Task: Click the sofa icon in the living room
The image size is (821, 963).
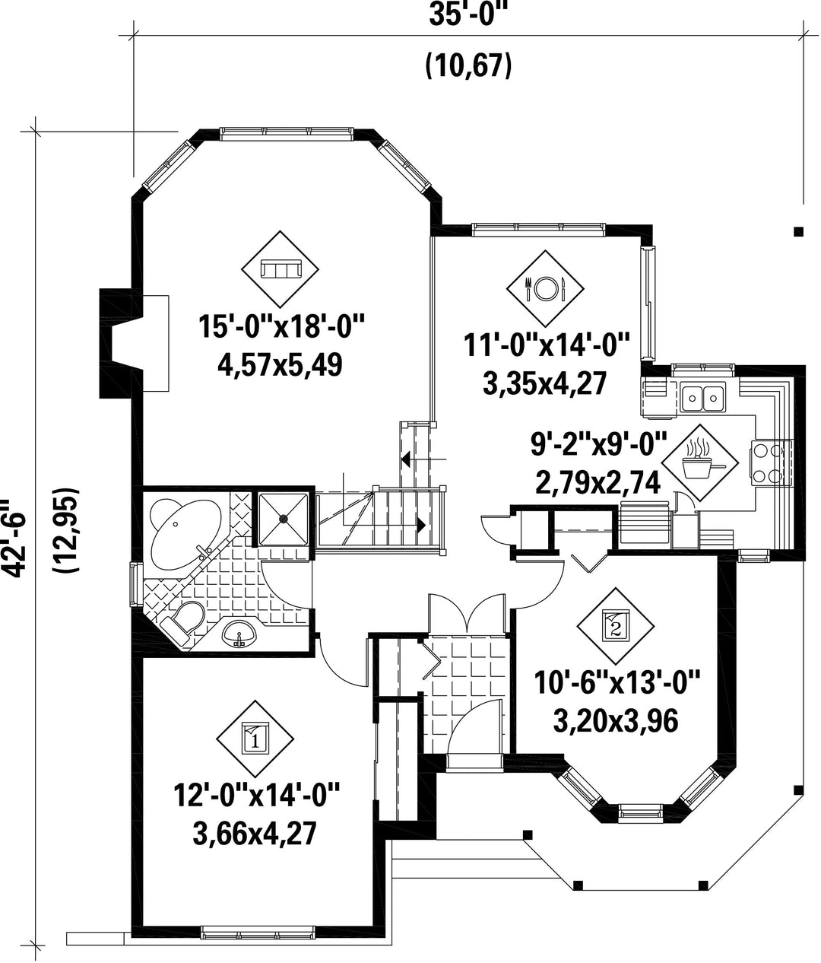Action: point(280,269)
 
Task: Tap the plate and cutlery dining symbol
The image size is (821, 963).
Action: point(544,288)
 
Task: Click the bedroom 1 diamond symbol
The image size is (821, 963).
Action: point(255,739)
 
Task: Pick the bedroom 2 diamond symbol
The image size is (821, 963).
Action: point(615,626)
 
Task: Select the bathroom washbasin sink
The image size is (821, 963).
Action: point(239,633)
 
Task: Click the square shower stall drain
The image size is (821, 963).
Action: point(283,518)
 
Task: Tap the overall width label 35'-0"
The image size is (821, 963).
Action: point(468,14)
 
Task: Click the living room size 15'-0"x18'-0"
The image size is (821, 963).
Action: point(281,326)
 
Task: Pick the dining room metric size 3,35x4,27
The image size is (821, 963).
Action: point(545,385)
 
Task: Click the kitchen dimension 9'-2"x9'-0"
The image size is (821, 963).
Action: point(599,445)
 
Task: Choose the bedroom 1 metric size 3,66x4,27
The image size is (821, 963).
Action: point(255,834)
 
